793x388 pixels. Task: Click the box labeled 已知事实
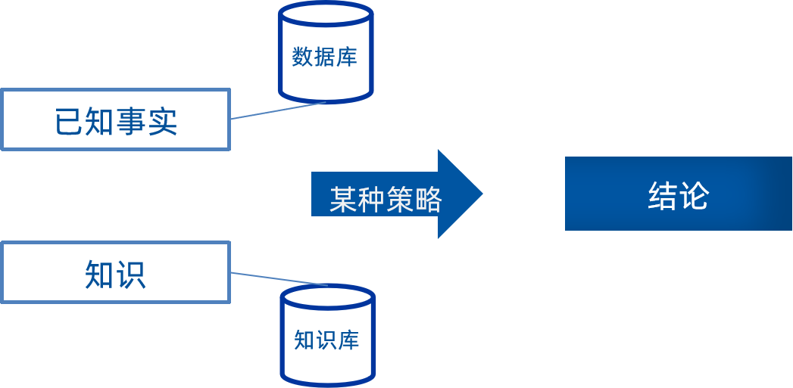(115, 120)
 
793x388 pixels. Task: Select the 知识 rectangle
(115, 273)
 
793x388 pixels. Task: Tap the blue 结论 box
(678, 194)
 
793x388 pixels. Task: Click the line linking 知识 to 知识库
(279, 279)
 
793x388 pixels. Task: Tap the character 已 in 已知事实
(70, 121)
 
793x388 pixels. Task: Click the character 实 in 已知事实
(162, 121)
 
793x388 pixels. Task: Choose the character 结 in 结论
(663, 195)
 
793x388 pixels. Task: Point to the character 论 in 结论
(695, 195)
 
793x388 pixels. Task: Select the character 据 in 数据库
(325, 57)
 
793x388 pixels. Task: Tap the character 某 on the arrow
(343, 200)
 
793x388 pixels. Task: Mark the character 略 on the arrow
(427, 200)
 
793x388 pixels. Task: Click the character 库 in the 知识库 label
(349, 340)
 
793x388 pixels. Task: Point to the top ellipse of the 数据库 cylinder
(325, 14)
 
